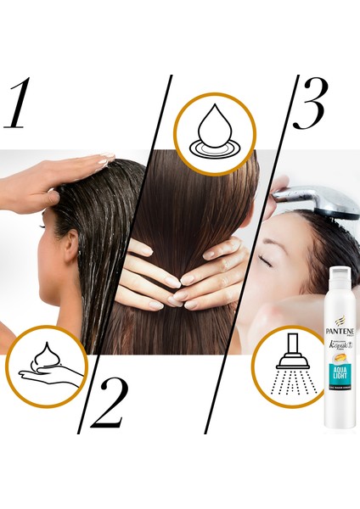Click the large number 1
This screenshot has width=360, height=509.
(24, 104)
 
